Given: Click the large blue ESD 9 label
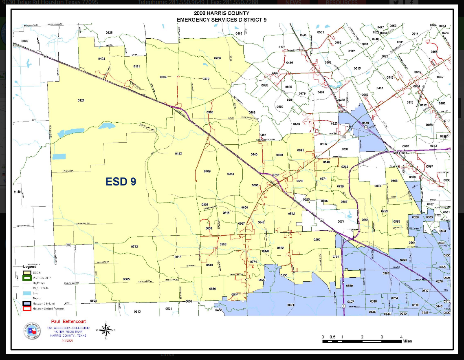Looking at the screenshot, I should coord(121,182).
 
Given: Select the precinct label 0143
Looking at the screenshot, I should coord(178,154).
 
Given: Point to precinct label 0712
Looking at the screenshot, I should coord(134,247).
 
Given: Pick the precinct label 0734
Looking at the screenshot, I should coord(163,77).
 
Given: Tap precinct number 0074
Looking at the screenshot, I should coord(341,221).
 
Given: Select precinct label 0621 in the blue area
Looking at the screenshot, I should coord(290,305).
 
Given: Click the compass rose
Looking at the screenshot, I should coord(106,330).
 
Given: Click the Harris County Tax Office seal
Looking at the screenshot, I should coord(32,331).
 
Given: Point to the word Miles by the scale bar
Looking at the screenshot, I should coord(407,341).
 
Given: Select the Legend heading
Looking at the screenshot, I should coord(29,267).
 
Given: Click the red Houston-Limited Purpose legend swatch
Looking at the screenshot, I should coord(27,309).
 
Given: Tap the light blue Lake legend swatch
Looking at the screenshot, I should coord(27,293).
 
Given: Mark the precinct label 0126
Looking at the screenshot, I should coord(109,32).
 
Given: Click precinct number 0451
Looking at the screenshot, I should coord(380,88).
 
